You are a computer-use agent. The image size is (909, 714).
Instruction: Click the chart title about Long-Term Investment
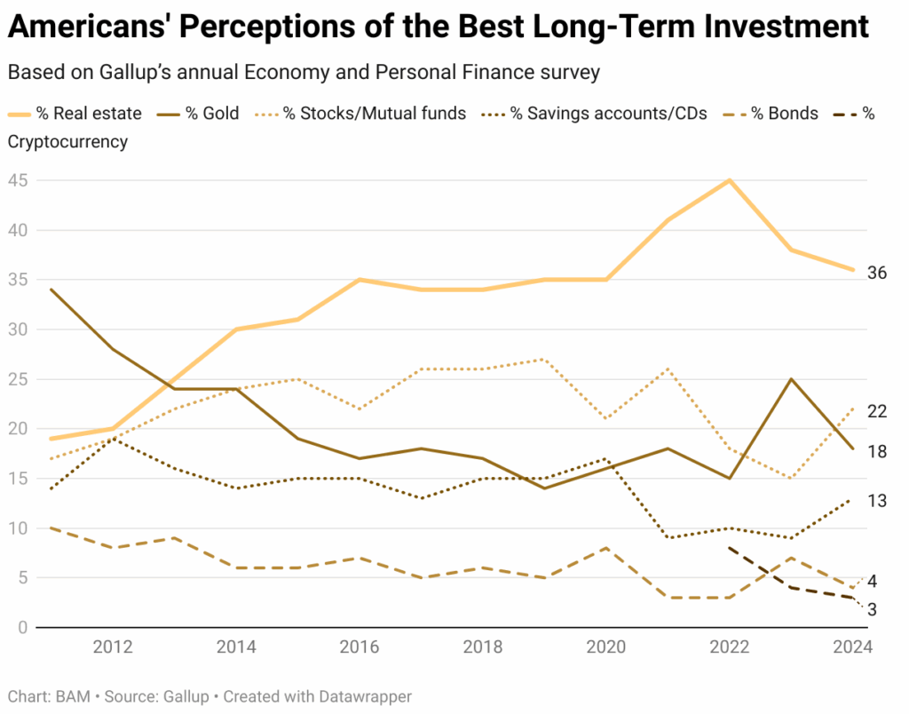tap(439, 28)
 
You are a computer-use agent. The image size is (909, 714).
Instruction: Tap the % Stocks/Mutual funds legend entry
tap(374, 114)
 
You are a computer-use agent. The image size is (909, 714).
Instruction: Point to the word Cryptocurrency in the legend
tap(67, 142)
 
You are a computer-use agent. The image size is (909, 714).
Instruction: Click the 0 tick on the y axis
tap(21, 628)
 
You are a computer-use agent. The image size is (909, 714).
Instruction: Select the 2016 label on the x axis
tap(360, 647)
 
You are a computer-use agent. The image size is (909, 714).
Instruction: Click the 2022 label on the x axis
tap(729, 647)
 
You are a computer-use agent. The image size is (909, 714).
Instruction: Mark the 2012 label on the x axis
tap(113, 647)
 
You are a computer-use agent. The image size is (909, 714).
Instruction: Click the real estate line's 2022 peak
tap(729, 180)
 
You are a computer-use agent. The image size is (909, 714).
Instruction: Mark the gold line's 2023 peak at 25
tap(791, 379)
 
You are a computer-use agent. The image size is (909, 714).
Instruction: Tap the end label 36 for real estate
tap(877, 274)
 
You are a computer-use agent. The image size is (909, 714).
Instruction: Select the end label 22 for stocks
tap(877, 411)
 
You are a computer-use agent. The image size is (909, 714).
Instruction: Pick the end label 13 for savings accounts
tap(877, 501)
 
